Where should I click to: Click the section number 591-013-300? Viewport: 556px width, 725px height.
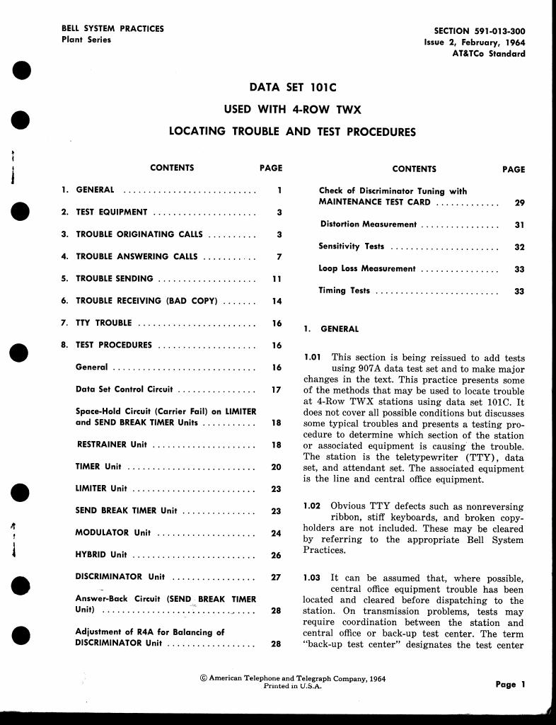click(497, 31)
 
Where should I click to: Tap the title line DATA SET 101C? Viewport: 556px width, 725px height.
click(293, 88)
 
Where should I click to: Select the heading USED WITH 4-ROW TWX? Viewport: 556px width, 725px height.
click(293, 110)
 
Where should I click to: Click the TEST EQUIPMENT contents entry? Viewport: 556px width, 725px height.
click(112, 212)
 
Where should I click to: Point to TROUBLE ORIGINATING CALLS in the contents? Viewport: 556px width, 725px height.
click(139, 234)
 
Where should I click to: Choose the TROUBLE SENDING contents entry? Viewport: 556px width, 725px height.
click(115, 279)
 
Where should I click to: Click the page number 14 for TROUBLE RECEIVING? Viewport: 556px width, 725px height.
click(277, 301)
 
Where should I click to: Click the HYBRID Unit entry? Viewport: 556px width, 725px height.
click(101, 555)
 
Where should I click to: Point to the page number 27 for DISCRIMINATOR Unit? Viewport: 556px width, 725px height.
click(277, 577)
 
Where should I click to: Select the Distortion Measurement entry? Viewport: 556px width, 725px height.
click(369, 224)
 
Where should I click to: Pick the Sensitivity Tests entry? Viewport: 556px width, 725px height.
click(352, 246)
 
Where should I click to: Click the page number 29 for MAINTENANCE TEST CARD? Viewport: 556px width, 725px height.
click(519, 202)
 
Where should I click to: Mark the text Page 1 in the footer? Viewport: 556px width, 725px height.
click(510, 685)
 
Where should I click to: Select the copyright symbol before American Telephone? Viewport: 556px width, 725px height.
click(204, 678)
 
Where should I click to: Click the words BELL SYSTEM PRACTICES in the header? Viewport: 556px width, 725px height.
click(113, 29)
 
